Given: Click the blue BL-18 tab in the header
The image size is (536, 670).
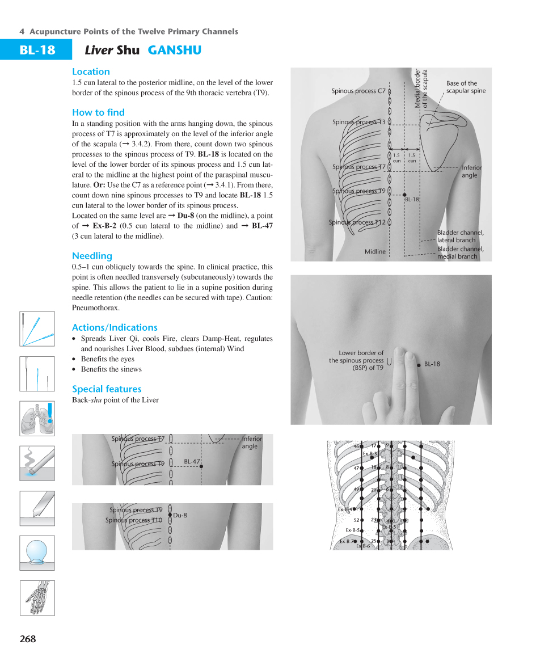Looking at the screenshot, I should coord(36,50).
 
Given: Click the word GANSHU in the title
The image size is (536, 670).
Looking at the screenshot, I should coord(174,50).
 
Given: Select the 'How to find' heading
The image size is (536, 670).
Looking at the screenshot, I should coord(98,112).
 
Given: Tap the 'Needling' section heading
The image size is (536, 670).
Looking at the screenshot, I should coord(92,256).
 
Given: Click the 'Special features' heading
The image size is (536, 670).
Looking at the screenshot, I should coord(107,389).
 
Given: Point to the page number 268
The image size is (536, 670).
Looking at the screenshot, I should coord(27,639).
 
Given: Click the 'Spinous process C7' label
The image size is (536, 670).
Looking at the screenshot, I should coord(358,91).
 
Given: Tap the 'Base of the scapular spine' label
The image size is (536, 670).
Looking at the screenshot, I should coord(465,87).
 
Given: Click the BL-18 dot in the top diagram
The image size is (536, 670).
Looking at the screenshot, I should coord(404,195).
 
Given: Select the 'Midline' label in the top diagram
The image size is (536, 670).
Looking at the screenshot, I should coord(375,251).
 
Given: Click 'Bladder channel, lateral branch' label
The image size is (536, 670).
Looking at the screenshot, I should coord(460,236).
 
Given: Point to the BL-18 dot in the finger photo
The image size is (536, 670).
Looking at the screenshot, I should coord(419,364).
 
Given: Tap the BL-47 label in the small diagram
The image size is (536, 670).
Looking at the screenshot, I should coord(192,462).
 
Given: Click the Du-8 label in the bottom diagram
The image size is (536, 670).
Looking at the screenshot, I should coord(180,515).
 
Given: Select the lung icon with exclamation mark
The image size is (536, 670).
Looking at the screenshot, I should coord(37,418).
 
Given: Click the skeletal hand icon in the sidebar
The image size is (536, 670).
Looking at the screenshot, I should coord(37,597).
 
